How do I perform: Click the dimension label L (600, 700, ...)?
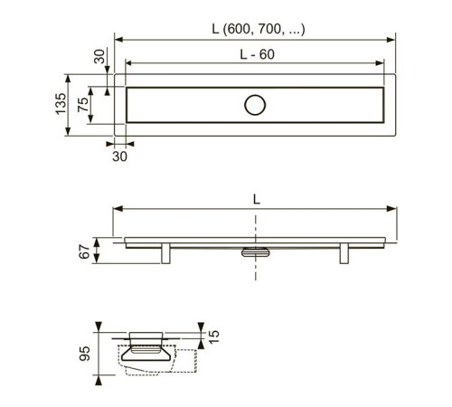tap(259, 29)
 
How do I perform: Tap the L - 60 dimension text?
tap(257, 54)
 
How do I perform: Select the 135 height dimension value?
tap(61, 103)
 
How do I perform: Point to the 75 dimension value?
tap(83, 105)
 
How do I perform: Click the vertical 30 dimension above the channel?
tap(99, 56)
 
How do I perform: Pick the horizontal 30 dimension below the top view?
tap(119, 156)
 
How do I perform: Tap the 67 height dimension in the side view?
tap(84, 251)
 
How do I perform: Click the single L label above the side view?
tap(257, 199)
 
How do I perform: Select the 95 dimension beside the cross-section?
tap(85, 354)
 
